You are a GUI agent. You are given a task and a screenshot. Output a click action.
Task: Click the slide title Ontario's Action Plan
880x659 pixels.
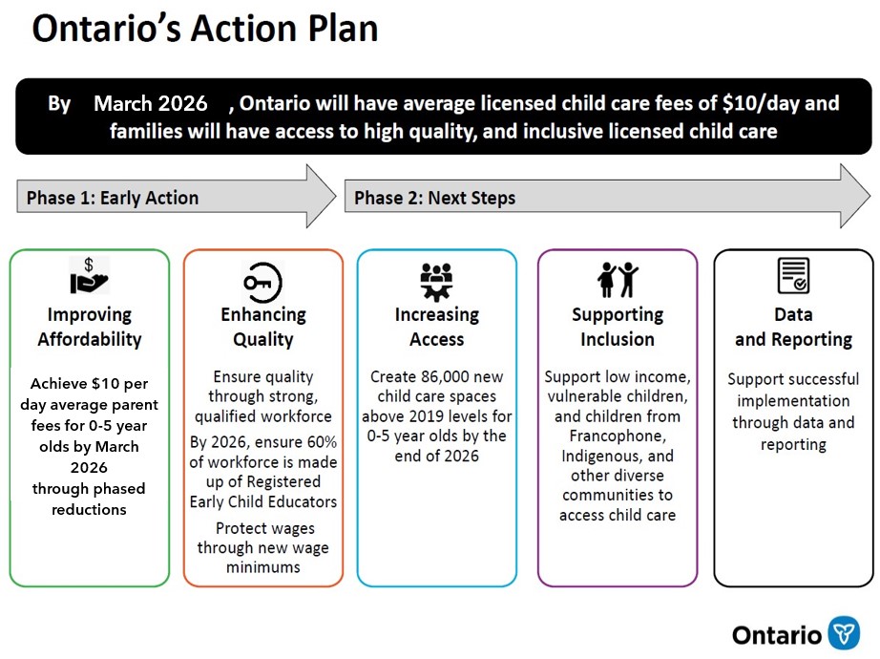204,30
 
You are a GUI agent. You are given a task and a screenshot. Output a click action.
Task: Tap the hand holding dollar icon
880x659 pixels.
90,277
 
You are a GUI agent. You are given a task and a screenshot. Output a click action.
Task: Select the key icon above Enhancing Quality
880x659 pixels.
262,281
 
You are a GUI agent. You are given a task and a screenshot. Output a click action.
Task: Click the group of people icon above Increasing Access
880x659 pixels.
436,280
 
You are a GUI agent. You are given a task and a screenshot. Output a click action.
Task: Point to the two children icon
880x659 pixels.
618,280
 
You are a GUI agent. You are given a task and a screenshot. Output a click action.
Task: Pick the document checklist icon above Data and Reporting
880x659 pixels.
793,277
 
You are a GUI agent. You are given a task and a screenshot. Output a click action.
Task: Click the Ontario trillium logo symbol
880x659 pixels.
844,633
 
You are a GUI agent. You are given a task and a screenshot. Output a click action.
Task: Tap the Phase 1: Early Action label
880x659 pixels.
113,199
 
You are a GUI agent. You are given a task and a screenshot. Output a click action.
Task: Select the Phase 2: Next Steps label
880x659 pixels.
434,199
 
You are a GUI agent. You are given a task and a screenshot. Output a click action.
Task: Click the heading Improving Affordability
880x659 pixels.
90,327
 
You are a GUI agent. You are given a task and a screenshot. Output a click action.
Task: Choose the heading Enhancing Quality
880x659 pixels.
263,327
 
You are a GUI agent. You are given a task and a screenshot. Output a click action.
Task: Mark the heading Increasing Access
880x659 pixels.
436,327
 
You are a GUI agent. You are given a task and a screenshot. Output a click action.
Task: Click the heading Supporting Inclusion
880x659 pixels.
618,327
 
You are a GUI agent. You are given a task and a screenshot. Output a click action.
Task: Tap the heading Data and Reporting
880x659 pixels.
793,327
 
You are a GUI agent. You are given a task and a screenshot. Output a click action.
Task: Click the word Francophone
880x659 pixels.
618,436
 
